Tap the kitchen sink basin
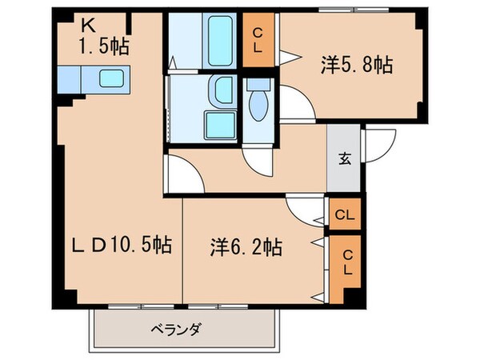[x=111, y=78]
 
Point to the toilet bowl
[x=258, y=103]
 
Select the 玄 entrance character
[x=344, y=158]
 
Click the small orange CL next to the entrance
[x=345, y=214]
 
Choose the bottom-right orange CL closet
[x=346, y=262]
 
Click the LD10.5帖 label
[x=118, y=242]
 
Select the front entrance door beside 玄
[x=374, y=144]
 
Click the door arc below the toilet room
[x=259, y=160]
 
